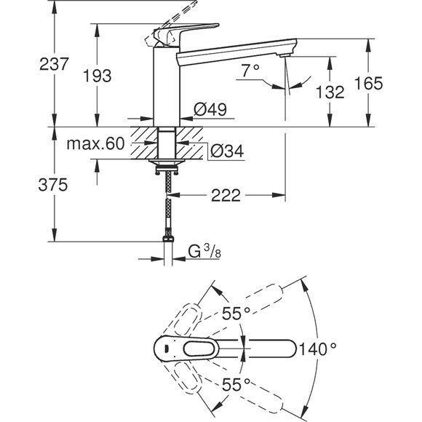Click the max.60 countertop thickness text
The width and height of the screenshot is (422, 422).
96,143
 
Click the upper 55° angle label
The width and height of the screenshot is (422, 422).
237,314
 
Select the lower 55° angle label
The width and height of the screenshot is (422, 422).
237,382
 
